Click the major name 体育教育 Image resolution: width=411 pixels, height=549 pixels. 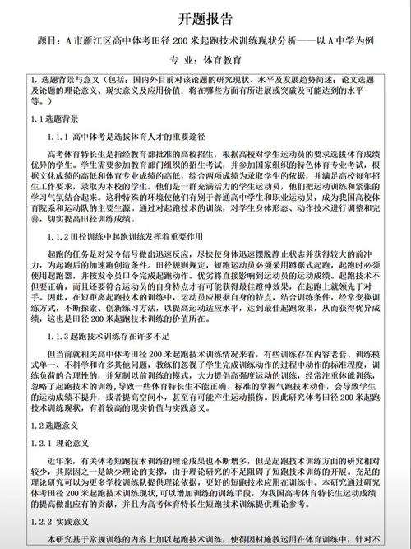218,59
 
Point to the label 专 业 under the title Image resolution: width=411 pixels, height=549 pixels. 173,59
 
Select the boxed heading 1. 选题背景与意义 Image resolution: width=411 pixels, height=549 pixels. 67,79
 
